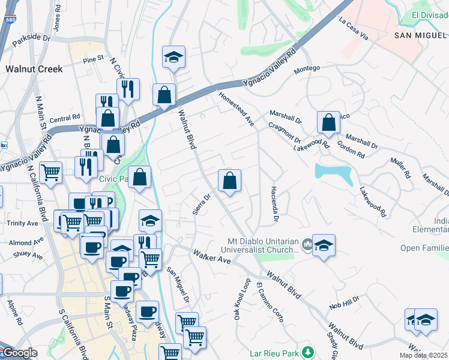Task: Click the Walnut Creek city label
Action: coord(34,69)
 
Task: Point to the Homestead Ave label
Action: coord(236,108)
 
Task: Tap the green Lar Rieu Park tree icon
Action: coord(307,352)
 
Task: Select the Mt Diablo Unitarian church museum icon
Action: coord(307,244)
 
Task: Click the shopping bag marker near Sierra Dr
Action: coord(229,180)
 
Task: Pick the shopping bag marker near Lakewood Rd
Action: coord(329,122)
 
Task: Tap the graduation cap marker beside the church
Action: coord(324,245)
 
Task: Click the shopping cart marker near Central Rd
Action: coord(50,172)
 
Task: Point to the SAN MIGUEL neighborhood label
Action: coord(421,35)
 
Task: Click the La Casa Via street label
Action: coord(353,28)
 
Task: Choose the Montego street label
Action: coord(306,70)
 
